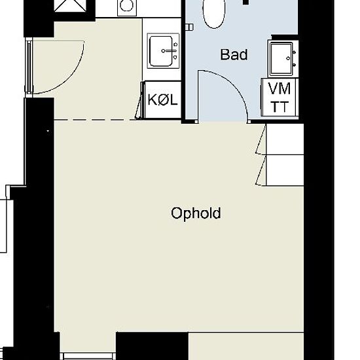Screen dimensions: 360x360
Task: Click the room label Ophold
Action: click(196, 213)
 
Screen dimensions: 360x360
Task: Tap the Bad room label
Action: click(234, 54)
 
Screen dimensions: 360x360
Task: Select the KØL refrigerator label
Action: click(162, 99)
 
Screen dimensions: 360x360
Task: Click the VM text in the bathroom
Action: click(279, 88)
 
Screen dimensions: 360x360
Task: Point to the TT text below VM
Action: click(279, 107)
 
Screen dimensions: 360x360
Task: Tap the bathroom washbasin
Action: click(281, 58)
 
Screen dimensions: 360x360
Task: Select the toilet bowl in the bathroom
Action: click(214, 13)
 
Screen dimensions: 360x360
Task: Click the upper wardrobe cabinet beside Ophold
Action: click(285, 139)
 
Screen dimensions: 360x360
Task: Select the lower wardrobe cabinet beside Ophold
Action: click(285, 170)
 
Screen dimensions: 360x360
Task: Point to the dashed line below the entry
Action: click(95, 120)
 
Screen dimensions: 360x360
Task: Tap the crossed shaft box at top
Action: click(71, 5)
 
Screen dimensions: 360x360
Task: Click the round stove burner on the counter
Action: click(127, 5)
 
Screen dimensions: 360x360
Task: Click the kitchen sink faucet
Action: click(170, 51)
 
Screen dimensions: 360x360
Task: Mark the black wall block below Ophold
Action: click(152, 346)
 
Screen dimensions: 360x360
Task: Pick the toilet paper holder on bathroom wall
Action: click(189, 27)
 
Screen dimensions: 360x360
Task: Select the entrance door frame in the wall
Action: click(29, 67)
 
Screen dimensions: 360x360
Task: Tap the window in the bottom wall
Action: click(90, 356)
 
